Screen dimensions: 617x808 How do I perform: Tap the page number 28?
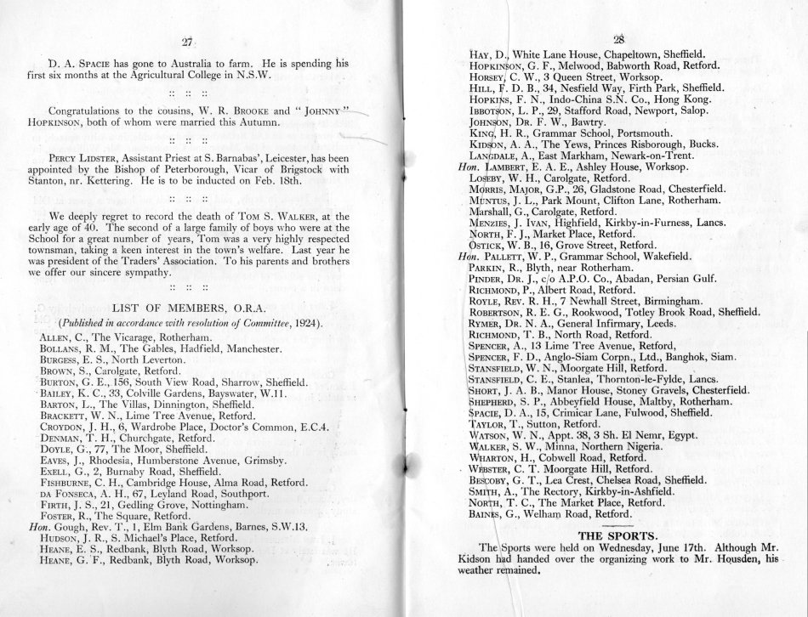tap(618, 39)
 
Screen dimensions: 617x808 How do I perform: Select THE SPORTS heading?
tap(617, 535)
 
